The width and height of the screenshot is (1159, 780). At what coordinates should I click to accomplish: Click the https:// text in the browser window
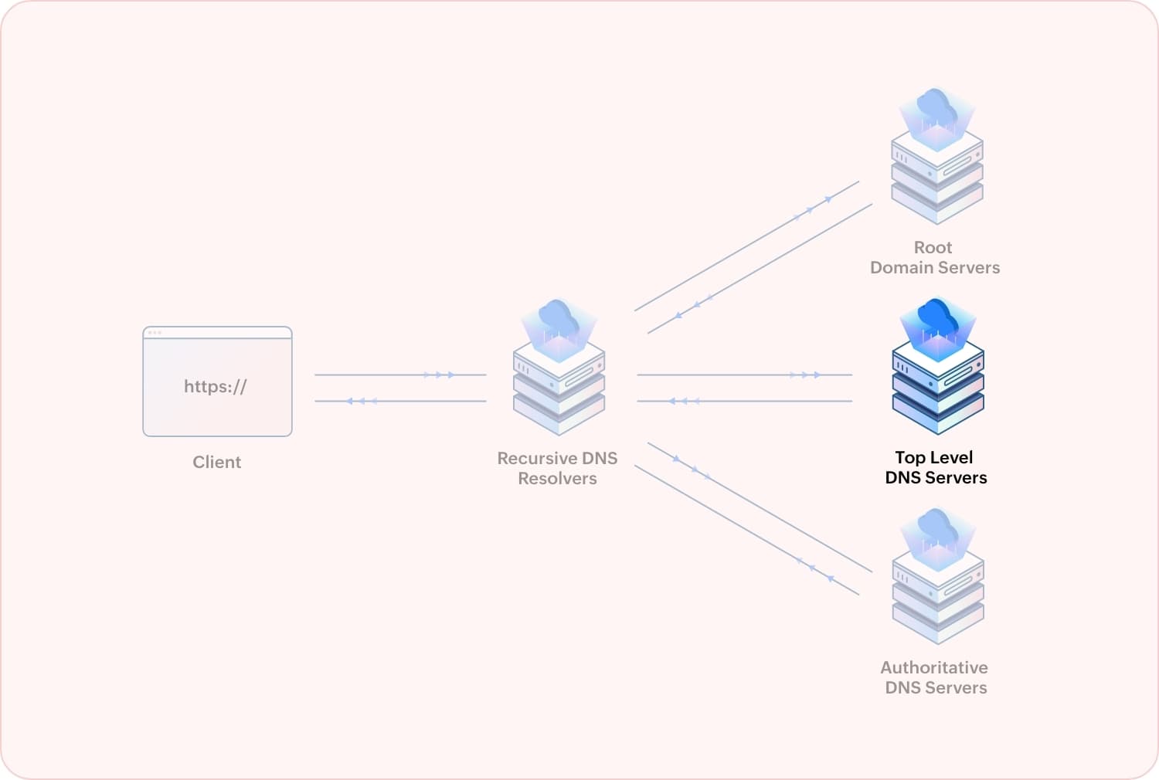(215, 386)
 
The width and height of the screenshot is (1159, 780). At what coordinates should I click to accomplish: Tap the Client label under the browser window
(216, 462)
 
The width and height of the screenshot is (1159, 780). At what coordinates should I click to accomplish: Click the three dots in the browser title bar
(155, 333)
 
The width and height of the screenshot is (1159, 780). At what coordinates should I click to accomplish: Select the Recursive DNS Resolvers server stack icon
(559, 386)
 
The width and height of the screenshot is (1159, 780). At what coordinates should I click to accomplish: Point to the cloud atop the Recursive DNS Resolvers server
(559, 318)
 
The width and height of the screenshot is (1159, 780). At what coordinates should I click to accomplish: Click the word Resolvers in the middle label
(557, 479)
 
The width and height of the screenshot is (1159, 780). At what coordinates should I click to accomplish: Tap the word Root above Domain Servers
(933, 248)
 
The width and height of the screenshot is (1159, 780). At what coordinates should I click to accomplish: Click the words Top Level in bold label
(933, 457)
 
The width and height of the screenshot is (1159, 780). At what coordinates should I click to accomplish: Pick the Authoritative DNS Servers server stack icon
(937, 595)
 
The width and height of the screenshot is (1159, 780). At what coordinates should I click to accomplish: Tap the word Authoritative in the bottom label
(933, 667)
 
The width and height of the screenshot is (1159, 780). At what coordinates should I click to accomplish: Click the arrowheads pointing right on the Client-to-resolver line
(439, 375)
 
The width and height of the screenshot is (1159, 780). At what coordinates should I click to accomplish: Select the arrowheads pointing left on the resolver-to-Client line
(362, 402)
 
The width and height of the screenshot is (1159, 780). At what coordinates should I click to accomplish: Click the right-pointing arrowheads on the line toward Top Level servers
(804, 375)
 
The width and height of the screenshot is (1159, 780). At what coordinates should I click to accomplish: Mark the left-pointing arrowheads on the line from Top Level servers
(684, 402)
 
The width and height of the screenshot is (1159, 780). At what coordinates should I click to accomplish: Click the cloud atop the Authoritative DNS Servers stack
(937, 528)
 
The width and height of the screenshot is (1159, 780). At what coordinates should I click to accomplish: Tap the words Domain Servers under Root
(935, 268)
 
